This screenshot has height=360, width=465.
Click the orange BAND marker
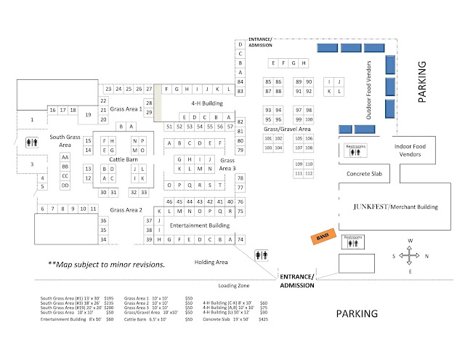(x=320, y=238)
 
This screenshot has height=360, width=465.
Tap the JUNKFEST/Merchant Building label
(x=395, y=207)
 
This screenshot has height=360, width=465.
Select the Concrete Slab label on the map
(x=363, y=175)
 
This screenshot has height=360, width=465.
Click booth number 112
(x=309, y=174)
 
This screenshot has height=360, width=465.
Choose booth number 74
(x=240, y=239)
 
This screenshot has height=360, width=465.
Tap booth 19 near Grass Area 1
(x=87, y=115)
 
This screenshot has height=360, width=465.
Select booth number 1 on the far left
(x=32, y=119)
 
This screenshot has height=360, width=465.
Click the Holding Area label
(x=212, y=262)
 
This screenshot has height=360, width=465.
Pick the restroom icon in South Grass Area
(x=32, y=142)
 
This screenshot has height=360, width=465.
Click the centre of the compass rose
(x=411, y=255)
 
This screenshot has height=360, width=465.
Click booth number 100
(x=309, y=119)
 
